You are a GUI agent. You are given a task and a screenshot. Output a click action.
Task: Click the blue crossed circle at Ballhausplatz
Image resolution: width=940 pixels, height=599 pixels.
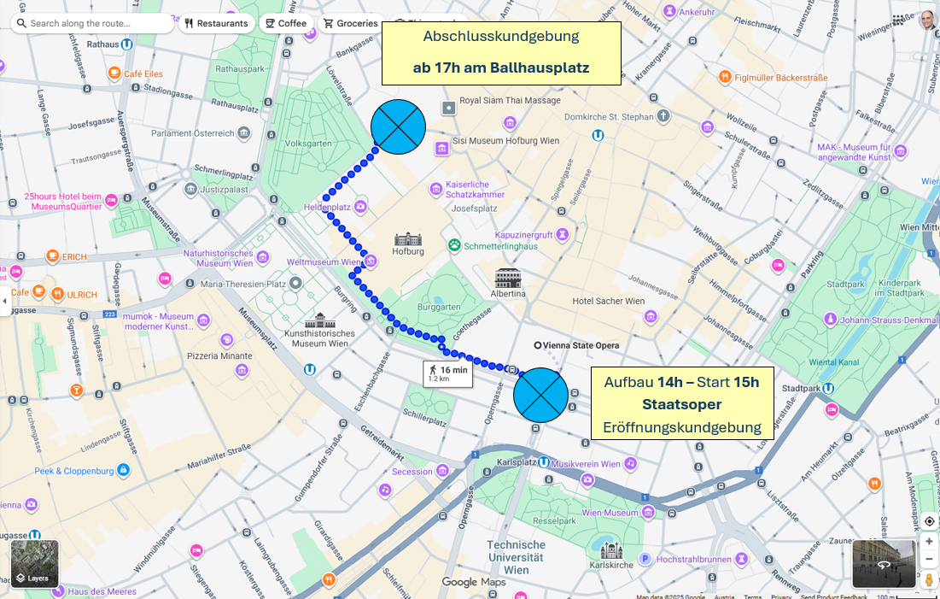tap(398, 127)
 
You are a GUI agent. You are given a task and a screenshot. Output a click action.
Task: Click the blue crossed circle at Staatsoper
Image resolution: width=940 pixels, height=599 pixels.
tap(540, 396)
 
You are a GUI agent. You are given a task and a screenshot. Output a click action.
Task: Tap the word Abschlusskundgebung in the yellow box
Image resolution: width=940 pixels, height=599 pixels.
tap(501, 37)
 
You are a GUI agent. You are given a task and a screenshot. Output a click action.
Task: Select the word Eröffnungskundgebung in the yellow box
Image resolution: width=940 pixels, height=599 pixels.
tap(682, 426)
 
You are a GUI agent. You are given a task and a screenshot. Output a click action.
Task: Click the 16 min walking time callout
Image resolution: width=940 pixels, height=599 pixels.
tap(447, 373)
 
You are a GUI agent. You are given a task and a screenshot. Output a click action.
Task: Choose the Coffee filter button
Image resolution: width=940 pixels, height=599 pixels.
tap(284, 23)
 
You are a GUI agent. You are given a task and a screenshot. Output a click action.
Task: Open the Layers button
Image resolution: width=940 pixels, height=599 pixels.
tap(35, 563)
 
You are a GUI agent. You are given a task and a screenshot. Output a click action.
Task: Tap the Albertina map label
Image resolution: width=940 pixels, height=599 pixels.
tap(508, 293)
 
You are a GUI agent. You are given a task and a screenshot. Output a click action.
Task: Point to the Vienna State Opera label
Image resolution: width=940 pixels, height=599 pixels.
tap(576, 345)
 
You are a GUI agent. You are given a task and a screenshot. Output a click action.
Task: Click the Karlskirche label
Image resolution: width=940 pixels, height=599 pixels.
tap(611, 565)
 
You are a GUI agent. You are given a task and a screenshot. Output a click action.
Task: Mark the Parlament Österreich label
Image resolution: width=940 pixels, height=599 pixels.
tap(192, 133)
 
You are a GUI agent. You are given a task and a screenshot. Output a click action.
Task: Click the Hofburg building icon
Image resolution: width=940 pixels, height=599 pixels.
tap(408, 238)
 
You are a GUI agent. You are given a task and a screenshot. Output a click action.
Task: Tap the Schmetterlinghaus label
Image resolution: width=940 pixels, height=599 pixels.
tap(500, 246)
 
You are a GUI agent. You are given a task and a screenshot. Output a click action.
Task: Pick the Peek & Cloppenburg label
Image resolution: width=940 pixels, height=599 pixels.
tap(74, 471)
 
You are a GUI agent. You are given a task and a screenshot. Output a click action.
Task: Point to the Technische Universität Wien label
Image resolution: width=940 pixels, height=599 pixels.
tap(516, 557)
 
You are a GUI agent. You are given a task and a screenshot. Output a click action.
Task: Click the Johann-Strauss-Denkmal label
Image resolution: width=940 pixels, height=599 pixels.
tap(888, 320)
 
